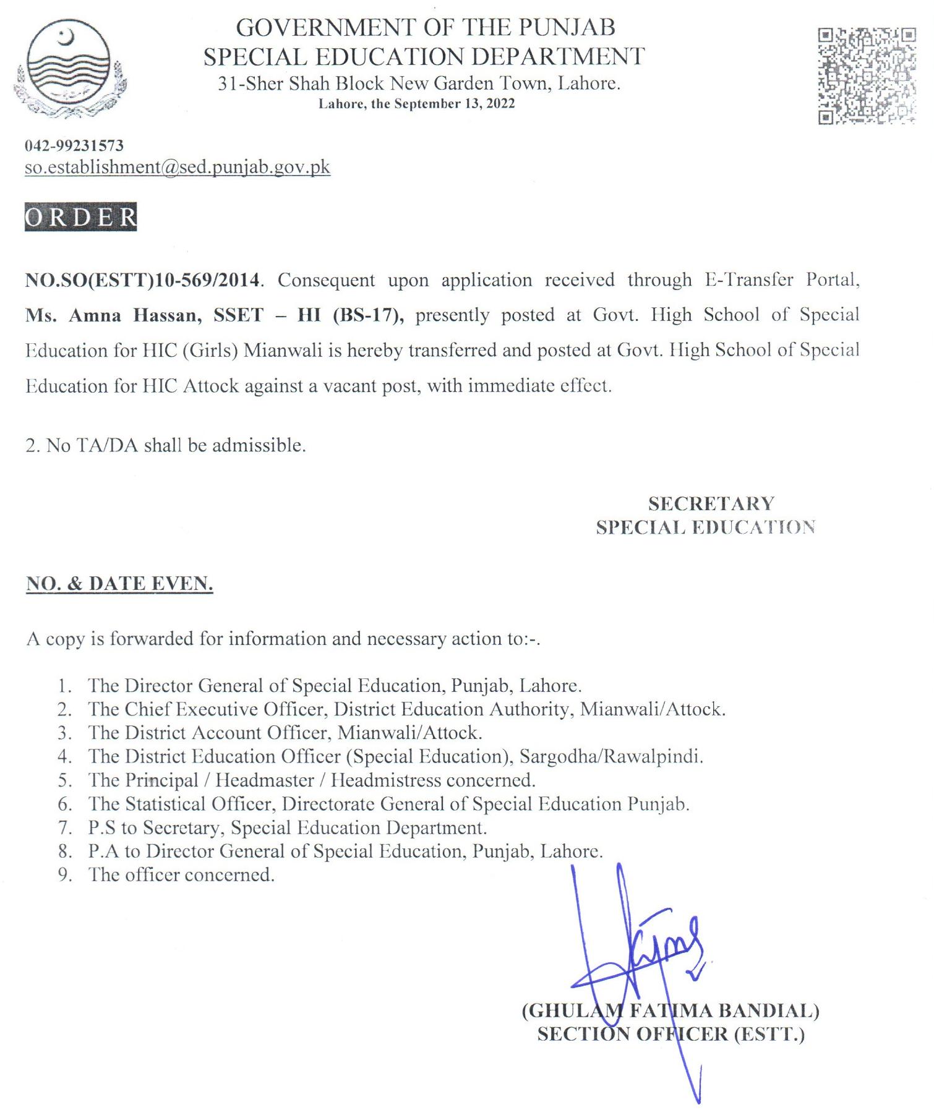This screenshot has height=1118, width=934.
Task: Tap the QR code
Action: coord(867,75)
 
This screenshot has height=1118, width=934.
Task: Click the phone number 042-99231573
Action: coord(74,146)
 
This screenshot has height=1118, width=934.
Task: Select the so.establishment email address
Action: coord(178,167)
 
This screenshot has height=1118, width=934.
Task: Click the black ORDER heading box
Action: coord(80,217)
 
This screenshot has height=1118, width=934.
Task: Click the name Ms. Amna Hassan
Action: coord(113,315)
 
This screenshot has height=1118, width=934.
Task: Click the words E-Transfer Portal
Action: coord(782,280)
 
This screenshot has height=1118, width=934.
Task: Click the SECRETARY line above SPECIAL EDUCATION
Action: coord(711,504)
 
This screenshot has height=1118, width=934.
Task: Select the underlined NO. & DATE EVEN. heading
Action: coord(119,584)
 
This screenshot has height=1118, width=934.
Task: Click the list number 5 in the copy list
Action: coord(65,780)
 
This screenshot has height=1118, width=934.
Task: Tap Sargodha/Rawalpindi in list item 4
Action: coord(611,757)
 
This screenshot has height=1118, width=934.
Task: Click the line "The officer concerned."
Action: coord(181,875)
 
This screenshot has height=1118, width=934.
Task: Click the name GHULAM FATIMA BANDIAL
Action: coord(671,1010)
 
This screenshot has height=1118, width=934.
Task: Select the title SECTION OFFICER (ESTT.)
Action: coord(671,1034)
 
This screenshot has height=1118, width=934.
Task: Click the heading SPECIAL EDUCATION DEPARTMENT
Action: coord(424,57)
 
